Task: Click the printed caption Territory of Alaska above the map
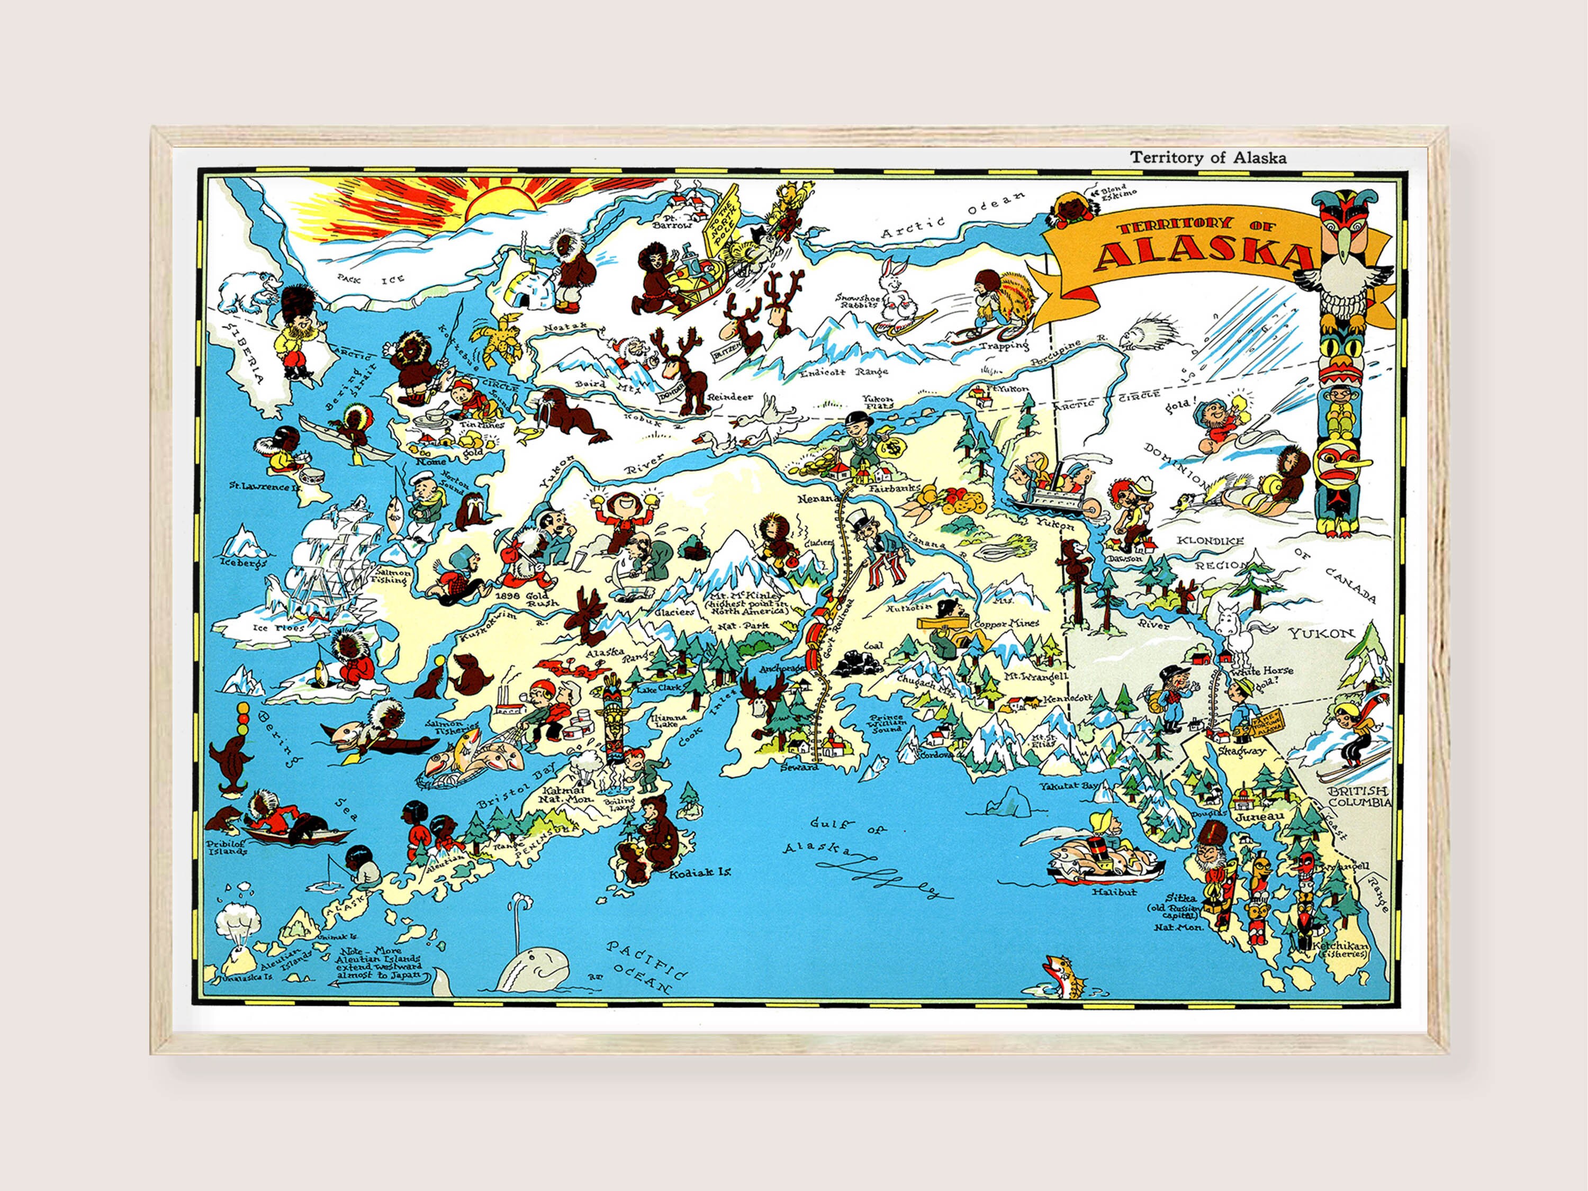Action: (x=1208, y=158)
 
